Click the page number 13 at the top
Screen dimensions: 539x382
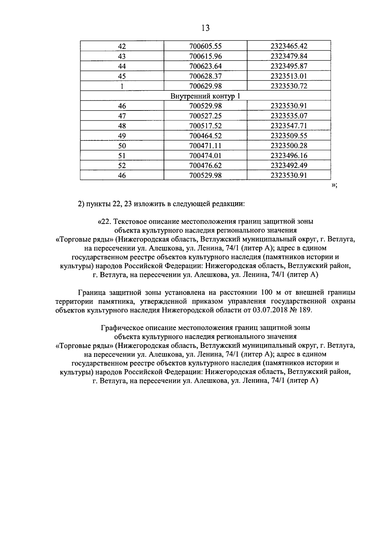point(206,28)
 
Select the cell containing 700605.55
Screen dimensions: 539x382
point(205,46)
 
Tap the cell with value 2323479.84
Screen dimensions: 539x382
point(289,56)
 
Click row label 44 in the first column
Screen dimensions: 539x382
point(122,66)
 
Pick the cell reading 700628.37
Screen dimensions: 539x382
point(205,76)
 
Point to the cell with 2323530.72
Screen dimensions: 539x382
point(289,86)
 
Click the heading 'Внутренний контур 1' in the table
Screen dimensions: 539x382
point(205,96)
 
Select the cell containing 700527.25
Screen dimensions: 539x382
point(205,116)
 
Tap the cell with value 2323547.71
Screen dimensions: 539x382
point(289,126)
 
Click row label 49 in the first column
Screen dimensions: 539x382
point(122,136)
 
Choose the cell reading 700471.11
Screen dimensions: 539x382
point(205,146)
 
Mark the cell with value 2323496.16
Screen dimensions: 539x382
point(289,156)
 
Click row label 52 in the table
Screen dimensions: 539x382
point(122,166)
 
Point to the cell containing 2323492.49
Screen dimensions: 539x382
point(289,166)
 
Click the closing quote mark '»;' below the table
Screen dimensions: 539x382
point(334,186)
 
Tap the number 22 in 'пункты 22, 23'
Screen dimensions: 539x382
point(116,204)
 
